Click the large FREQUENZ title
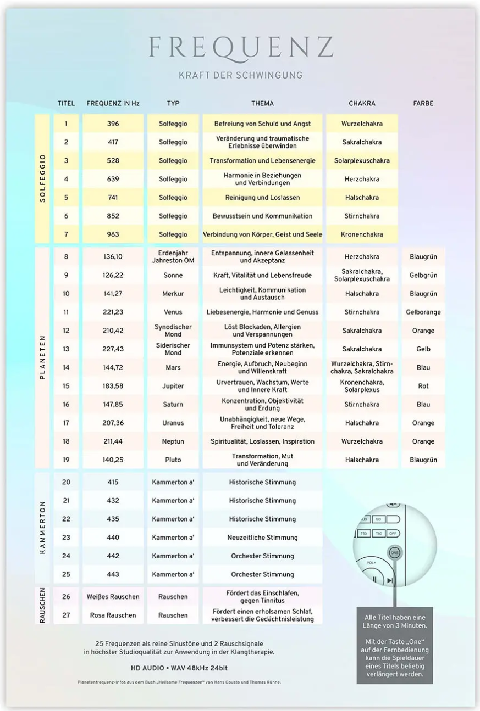coord(240,48)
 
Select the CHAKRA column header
coord(362,103)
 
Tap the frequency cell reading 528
coord(113,161)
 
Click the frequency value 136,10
coord(113,256)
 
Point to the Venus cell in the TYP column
coord(173,312)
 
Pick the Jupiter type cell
coord(173,386)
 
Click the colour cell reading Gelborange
coord(423,312)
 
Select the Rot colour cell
coord(423,386)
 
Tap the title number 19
coord(66,460)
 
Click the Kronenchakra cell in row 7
coord(362,234)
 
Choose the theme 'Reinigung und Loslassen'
coord(262,198)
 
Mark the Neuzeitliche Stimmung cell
coord(262,538)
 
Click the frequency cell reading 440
coord(113,538)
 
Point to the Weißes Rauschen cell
coord(113,597)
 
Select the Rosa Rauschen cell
coord(113,615)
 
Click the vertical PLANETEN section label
coord(42,357)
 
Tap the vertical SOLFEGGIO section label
coord(42,178)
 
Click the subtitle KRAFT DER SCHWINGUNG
coord(240,75)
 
